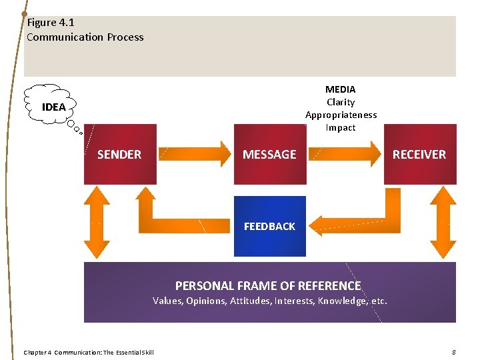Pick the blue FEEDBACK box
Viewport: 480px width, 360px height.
point(269,226)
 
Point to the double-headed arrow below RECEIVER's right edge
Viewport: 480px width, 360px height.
point(443,222)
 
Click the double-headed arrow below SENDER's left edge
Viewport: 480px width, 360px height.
point(97,222)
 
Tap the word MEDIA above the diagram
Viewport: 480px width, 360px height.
point(340,89)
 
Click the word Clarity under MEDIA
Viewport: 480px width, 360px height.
point(340,102)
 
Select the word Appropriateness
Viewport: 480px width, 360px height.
point(341,115)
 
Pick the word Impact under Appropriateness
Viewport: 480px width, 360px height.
point(340,127)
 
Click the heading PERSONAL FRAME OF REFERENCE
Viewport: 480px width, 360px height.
point(268,286)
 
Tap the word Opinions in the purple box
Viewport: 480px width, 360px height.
point(203,301)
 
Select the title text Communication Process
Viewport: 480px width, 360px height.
point(85,37)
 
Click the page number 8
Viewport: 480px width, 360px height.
point(453,352)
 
